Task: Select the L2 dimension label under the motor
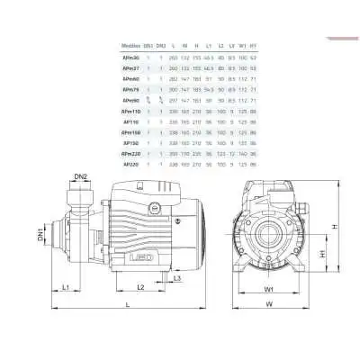[140, 286]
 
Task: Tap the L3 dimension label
[178, 278]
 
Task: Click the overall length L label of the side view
[126, 307]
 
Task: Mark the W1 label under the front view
[270, 290]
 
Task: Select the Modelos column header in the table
[131, 42]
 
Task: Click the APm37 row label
[131, 67]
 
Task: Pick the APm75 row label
[131, 89]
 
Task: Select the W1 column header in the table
[242, 42]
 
